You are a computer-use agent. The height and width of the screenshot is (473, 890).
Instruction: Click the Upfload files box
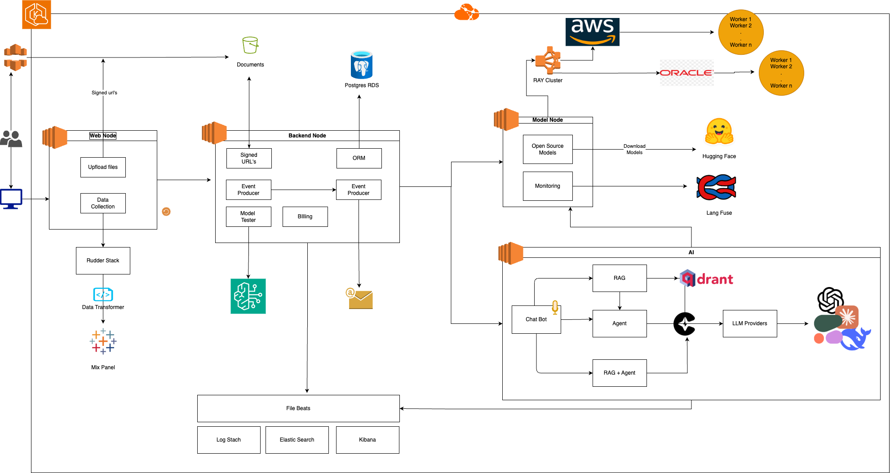103,167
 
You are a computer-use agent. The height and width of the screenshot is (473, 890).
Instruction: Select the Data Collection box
103,203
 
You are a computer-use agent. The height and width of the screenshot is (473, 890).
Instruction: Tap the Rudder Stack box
103,261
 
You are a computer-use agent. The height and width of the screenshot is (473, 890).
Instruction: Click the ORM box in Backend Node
359,158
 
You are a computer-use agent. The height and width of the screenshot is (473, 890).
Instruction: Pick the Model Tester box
248,217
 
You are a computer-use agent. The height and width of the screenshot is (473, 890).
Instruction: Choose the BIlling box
305,217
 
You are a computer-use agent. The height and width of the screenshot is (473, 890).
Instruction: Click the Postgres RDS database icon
362,65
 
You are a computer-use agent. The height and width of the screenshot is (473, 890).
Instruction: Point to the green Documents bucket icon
250,45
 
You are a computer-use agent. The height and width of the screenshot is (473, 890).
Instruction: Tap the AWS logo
592,32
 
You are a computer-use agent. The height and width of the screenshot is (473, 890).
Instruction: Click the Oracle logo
686,73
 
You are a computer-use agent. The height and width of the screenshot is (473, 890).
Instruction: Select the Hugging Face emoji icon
719,132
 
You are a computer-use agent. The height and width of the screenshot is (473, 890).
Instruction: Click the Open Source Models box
548,149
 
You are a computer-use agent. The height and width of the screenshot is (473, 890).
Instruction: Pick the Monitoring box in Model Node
548,186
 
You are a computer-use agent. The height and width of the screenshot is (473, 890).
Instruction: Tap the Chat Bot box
536,319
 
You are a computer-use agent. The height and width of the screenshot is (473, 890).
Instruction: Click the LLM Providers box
750,323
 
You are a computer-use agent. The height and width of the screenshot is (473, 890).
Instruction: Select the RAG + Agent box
620,373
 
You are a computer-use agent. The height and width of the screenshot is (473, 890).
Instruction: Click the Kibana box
368,440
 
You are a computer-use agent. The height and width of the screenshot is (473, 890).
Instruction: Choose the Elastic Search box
297,440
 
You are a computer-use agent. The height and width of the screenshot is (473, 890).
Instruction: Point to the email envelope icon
360,299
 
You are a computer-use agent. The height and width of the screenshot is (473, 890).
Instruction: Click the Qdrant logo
707,279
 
